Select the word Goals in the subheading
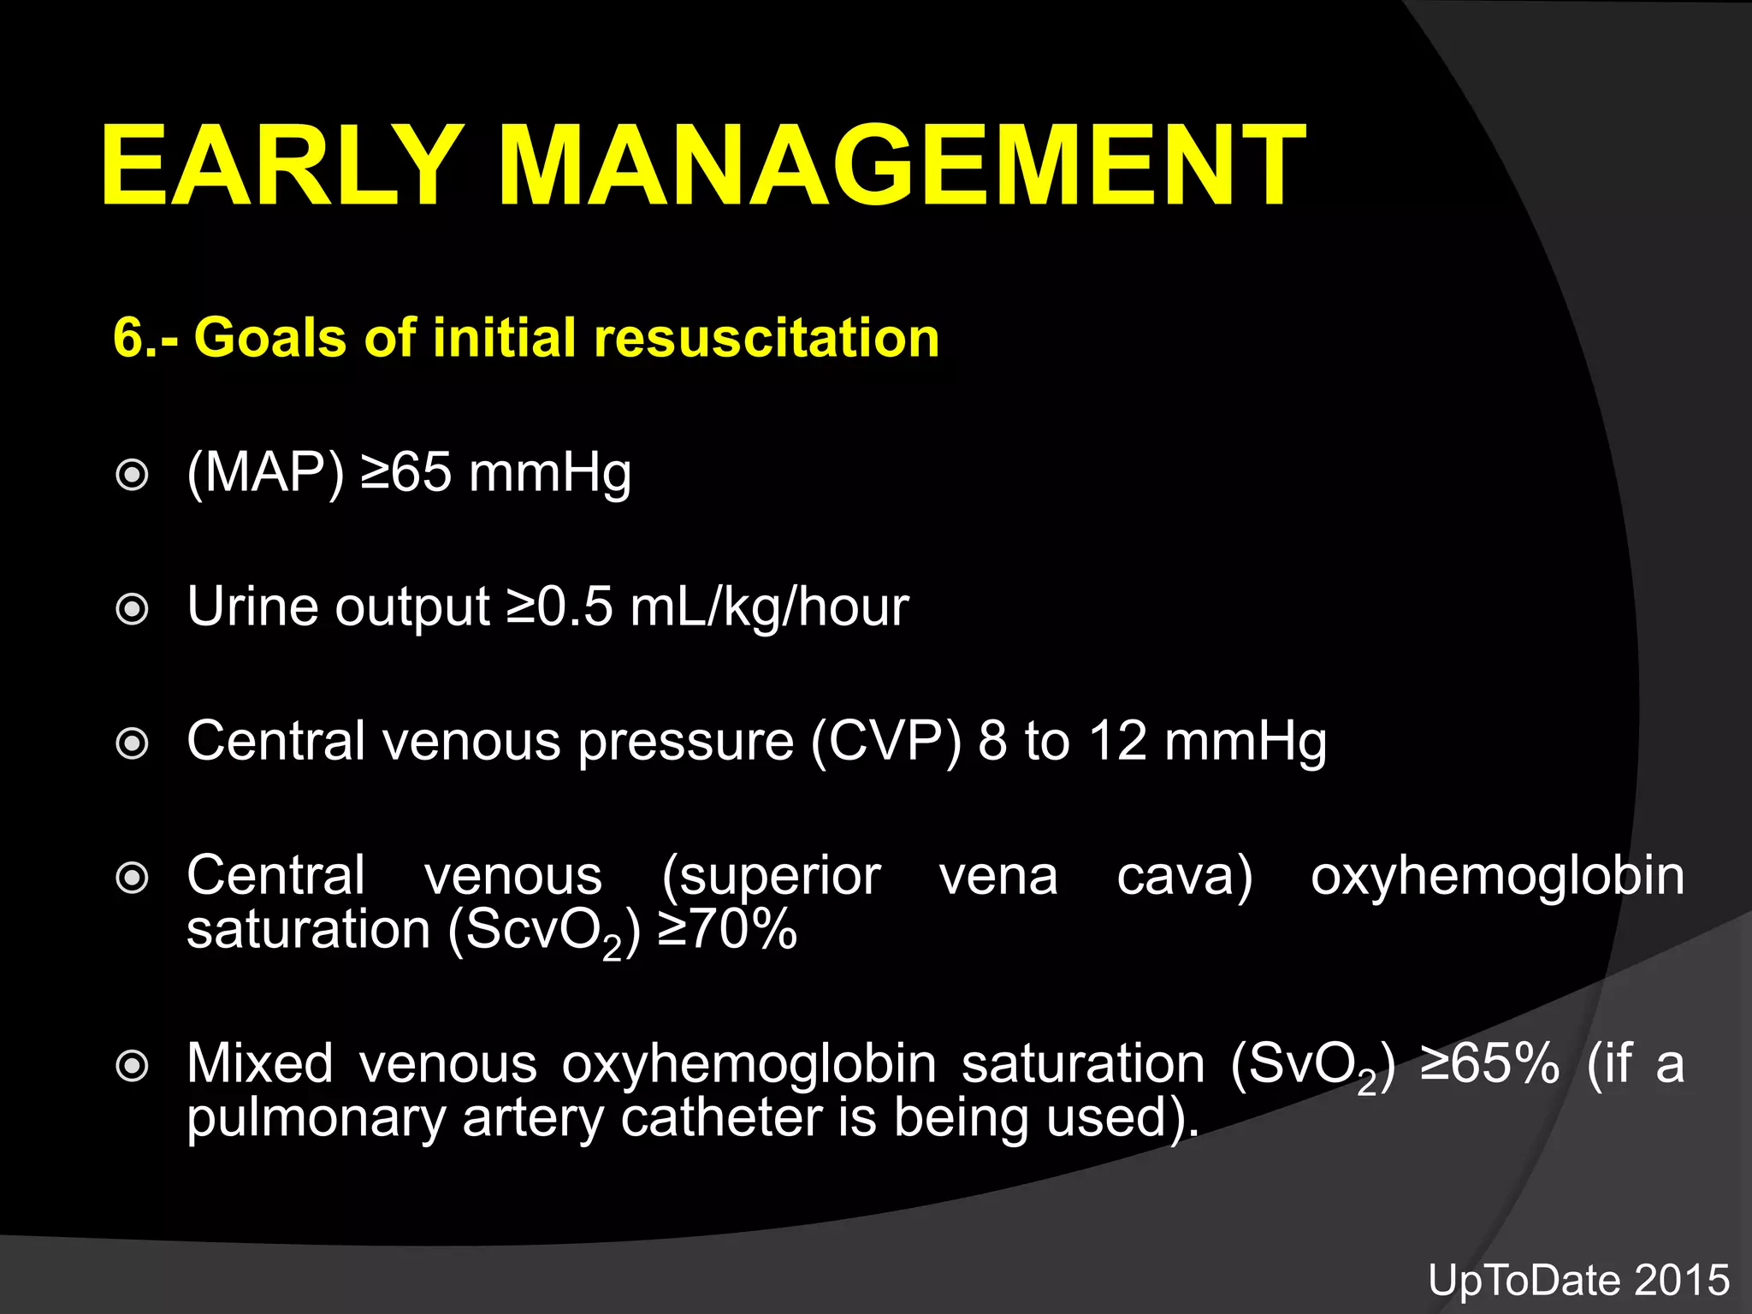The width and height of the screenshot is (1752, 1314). click(x=269, y=337)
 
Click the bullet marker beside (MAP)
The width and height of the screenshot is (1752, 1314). click(x=133, y=475)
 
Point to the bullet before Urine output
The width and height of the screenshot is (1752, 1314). click(x=133, y=609)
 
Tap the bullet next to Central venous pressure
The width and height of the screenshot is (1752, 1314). click(x=133, y=743)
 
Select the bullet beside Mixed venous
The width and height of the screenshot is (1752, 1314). click(x=133, y=1066)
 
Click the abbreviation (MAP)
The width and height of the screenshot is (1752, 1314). click(x=265, y=473)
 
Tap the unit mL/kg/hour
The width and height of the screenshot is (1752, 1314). click(x=769, y=607)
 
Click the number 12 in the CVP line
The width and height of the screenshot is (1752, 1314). click(x=1117, y=741)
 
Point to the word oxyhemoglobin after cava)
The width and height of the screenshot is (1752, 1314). click(x=1497, y=878)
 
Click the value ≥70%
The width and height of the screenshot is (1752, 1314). click(x=728, y=930)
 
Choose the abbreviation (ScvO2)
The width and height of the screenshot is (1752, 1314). click(x=544, y=932)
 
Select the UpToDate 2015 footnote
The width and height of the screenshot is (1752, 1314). click(x=1578, y=1281)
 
